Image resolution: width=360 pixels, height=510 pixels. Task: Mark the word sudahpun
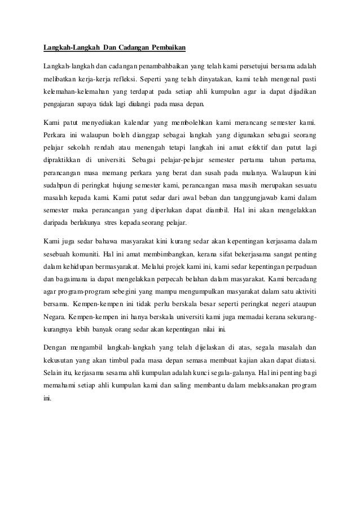56,185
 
